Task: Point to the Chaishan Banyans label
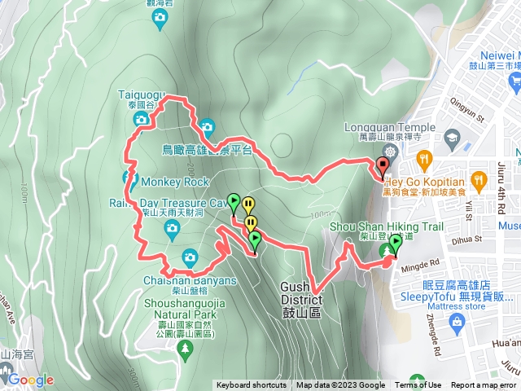[189, 281]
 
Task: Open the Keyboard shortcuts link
[251, 385]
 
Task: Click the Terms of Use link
[418, 385]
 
